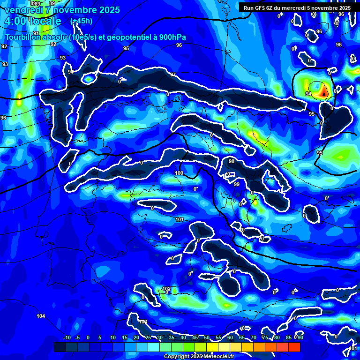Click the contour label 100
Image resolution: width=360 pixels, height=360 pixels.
coord(179,173)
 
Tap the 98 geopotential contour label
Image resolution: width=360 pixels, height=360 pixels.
coord(232,161)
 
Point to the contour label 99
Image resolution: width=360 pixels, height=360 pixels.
coord(237,184)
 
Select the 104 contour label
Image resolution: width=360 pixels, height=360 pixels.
coord(41,316)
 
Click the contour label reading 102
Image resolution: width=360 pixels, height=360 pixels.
coord(166,289)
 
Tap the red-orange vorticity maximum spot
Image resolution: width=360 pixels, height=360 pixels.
coord(323,93)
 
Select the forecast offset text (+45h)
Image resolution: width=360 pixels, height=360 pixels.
coord(81,21)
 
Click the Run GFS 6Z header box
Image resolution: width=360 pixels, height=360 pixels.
coord(297,8)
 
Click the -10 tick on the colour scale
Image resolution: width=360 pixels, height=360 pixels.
coord(67,338)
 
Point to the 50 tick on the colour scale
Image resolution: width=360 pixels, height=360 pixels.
coord(206,338)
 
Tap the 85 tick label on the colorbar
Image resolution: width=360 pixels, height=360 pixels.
coord(289,338)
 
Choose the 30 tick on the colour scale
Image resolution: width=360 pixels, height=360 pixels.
coord(160,338)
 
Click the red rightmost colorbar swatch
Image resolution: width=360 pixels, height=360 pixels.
coord(294,347)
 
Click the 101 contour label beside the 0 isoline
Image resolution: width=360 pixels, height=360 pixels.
coord(179,219)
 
